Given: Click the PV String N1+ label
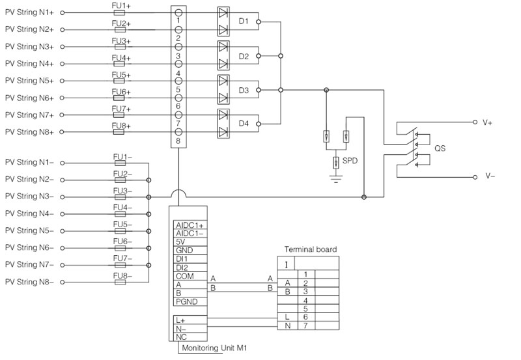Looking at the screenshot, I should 29,12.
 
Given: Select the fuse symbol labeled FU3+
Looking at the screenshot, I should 120,47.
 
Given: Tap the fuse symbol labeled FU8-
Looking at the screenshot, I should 120,282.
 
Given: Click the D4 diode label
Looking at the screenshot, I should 244,123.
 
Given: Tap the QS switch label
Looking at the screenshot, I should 440,148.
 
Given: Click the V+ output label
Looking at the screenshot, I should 488,122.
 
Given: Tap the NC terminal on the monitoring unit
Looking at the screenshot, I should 182,337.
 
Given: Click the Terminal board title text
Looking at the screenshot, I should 310,250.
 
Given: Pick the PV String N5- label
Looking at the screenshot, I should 29,230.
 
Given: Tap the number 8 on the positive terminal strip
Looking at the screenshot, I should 178,141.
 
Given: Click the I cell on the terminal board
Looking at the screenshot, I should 286,264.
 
